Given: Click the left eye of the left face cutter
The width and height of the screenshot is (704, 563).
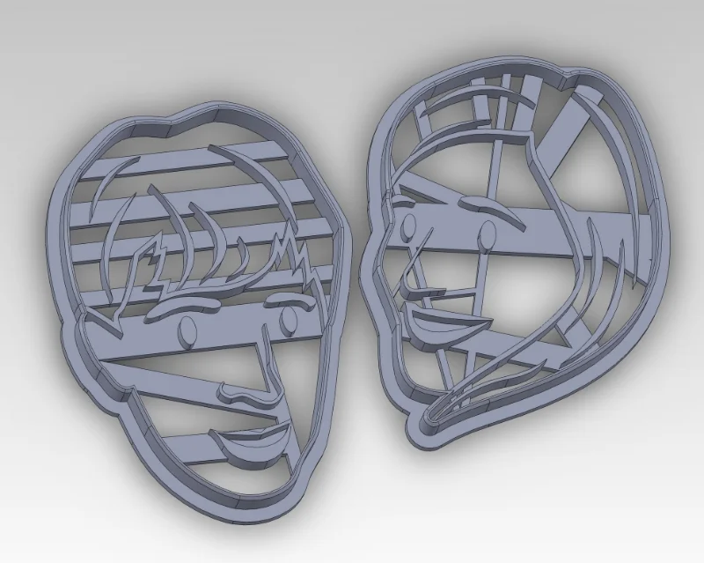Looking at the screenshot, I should (187, 330).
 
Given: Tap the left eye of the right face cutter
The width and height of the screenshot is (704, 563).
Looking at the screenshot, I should (407, 231).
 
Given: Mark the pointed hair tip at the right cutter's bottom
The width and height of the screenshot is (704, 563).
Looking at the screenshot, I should (431, 414).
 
